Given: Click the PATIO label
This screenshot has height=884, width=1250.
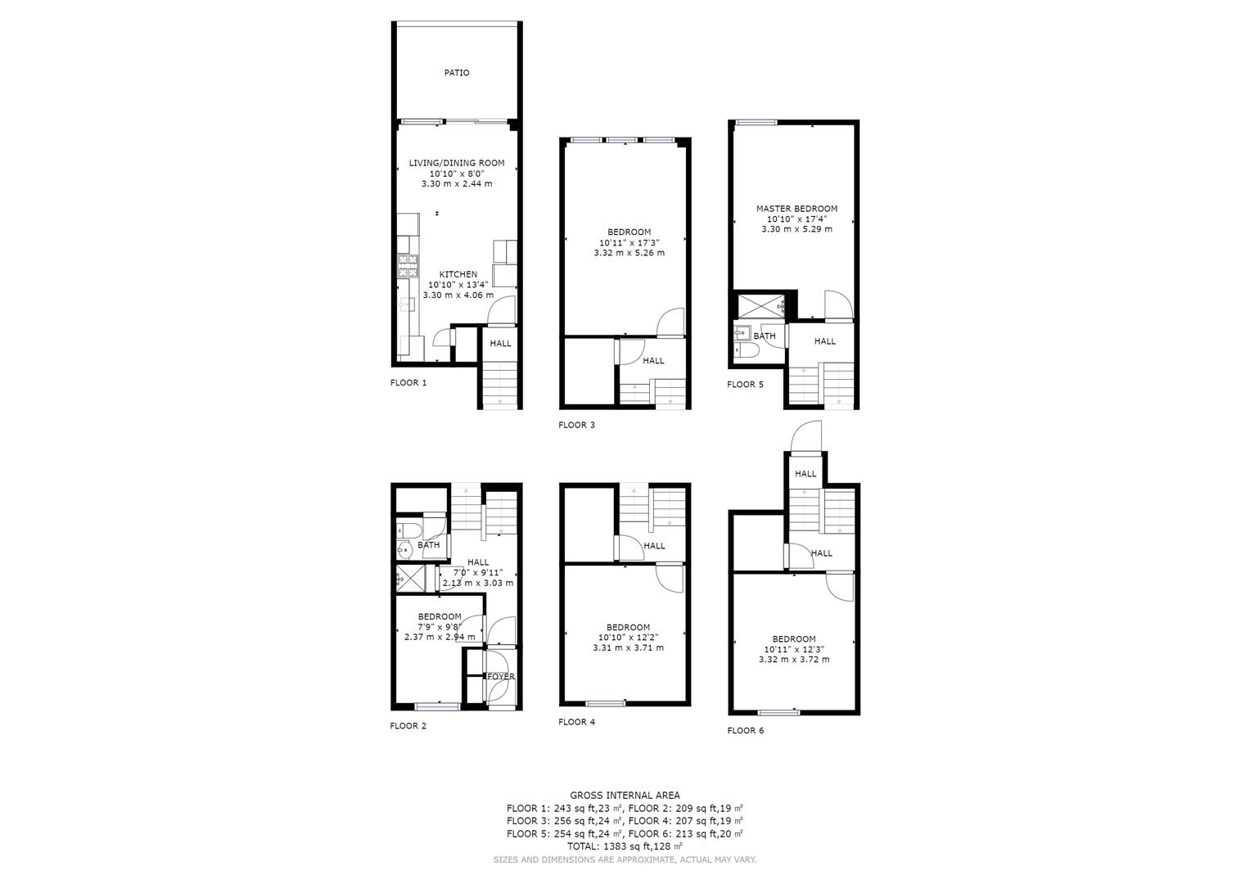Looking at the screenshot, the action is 457,73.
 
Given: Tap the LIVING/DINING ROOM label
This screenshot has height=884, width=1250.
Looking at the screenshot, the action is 457,163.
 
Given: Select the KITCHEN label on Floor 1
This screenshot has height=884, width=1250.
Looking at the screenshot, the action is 458,274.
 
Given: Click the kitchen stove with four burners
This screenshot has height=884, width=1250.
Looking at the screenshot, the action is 408,266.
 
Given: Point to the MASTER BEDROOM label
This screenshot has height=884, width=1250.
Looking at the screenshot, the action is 796,209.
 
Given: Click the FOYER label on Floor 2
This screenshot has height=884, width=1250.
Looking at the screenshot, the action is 500,676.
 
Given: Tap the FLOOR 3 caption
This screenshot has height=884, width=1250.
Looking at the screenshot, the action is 576,425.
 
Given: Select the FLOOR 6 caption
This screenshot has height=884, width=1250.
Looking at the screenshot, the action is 745,730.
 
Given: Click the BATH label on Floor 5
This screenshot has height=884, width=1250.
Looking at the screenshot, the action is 764,336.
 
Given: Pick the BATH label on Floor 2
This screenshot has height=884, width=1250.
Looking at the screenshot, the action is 429,544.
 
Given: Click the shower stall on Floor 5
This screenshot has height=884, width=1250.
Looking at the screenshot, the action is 761,306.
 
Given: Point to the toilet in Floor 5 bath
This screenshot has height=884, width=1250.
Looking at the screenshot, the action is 747,351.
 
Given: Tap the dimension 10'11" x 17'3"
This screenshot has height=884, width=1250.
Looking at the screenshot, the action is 629,243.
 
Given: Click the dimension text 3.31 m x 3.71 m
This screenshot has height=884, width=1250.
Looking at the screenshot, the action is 629,648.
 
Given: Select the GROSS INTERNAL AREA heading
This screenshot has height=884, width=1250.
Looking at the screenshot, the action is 625,796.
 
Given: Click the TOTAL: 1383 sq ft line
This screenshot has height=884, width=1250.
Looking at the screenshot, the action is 625,846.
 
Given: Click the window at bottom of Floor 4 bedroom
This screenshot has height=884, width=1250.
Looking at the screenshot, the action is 605,703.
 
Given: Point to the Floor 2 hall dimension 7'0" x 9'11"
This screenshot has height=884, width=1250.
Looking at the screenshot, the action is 478,573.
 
